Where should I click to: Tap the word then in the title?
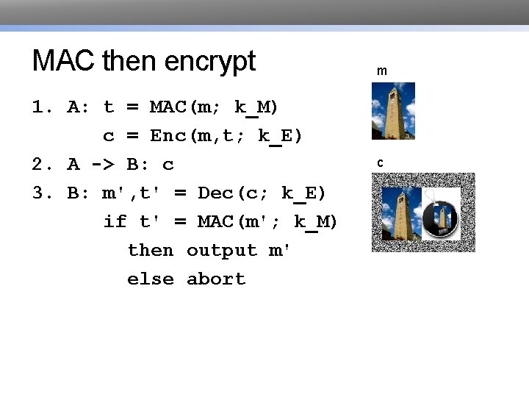[x=131, y=61]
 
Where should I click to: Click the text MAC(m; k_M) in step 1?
[x=214, y=107]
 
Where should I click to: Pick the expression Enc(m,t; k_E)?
[x=226, y=136]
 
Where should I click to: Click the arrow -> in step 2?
[x=102, y=165]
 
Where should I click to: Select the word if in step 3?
[x=115, y=221]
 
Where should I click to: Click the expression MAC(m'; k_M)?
[x=267, y=221]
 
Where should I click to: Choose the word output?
[x=221, y=250]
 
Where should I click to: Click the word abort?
[x=216, y=279]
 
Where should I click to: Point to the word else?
[x=151, y=279]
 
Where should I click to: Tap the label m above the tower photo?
[x=382, y=71]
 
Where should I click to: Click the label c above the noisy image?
[x=381, y=162]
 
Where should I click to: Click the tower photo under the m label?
[x=393, y=111]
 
